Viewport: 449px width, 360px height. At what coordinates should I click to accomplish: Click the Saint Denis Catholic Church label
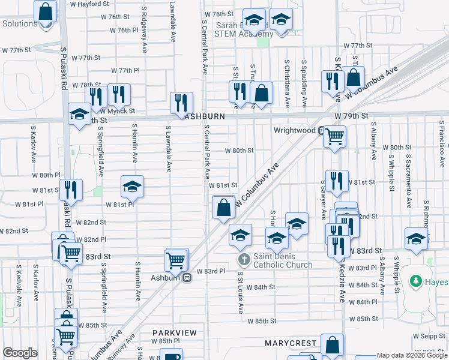(282, 260)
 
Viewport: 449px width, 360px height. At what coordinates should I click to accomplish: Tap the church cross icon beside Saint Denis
(244, 260)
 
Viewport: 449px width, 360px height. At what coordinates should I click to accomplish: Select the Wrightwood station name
(294, 130)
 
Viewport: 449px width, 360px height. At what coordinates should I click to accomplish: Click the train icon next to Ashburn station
(187, 277)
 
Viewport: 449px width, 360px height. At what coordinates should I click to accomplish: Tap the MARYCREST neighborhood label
(291, 343)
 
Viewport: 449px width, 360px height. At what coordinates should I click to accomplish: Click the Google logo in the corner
(20, 353)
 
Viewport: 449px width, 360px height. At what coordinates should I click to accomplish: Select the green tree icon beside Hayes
(415, 281)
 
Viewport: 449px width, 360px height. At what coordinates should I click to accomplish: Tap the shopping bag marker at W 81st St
(223, 208)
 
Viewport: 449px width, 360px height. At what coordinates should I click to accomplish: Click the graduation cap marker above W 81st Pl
(132, 186)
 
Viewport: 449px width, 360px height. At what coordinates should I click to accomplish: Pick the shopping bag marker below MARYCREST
(332, 345)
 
